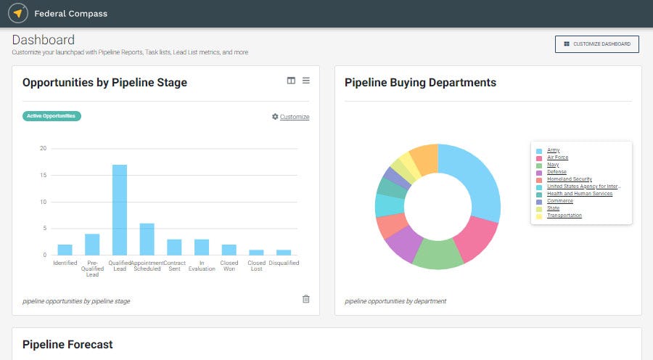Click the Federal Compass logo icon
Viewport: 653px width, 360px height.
[18, 13]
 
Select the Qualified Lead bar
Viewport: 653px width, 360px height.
[119, 210]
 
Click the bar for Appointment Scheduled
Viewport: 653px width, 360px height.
[147, 239]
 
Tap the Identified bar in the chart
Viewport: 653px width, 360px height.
[65, 250]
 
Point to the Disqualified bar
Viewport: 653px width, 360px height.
[284, 252]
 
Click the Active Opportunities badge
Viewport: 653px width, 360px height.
[52, 116]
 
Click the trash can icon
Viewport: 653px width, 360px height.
[305, 299]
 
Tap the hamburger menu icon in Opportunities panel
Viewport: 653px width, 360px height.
[306, 81]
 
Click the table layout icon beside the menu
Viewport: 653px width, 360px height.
[291, 81]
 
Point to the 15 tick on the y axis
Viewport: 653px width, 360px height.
[44, 175]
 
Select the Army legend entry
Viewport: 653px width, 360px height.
[553, 150]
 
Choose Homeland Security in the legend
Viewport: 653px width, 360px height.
[569, 179]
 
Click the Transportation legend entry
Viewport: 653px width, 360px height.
[564, 216]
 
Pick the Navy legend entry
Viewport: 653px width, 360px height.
[553, 165]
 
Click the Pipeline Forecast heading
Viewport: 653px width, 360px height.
[67, 344]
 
